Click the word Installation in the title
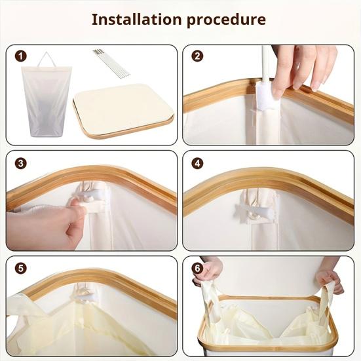tap(136, 19)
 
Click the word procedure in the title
tap(226, 20)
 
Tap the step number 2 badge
tap(197, 56)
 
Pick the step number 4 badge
tap(197, 163)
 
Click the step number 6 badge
tap(197, 269)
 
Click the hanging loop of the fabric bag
tap(46, 60)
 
